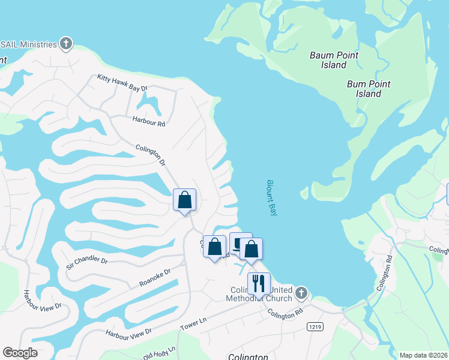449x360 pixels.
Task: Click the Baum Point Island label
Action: tap(334, 60)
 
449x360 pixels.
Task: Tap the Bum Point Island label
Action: tap(369, 89)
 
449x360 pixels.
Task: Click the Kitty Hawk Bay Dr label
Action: tap(122, 83)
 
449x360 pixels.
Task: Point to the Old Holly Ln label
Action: tap(159, 350)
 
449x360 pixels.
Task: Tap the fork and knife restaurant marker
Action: tap(259, 283)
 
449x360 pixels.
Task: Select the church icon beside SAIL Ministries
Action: tap(66, 44)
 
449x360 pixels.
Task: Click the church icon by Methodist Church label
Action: tap(301, 293)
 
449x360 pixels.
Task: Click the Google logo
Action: tap(20, 353)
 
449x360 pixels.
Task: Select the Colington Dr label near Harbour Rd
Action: tap(150, 154)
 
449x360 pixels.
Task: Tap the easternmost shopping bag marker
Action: tap(251, 249)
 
